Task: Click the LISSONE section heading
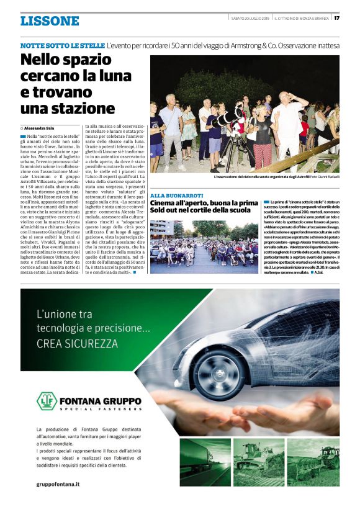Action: (50, 20)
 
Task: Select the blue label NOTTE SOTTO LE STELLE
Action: (62, 46)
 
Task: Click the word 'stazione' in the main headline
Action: (92, 108)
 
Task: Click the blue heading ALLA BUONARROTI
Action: (177, 195)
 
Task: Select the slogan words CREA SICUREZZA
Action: (77, 343)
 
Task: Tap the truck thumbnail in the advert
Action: (205, 462)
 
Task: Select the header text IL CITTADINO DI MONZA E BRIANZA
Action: (302, 17)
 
